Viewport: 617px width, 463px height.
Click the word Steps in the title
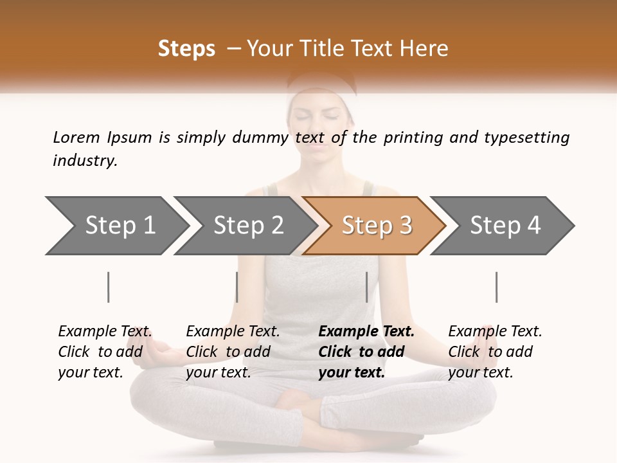click(x=186, y=49)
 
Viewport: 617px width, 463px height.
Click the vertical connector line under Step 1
click(x=109, y=287)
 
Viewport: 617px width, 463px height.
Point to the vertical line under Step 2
click(x=237, y=287)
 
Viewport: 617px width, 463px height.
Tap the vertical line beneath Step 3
click(x=367, y=287)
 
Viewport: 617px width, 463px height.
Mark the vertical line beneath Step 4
click(x=496, y=287)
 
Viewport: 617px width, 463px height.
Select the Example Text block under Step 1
click(x=105, y=352)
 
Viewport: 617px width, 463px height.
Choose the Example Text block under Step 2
click(x=233, y=352)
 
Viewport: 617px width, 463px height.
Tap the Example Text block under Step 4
click(x=495, y=352)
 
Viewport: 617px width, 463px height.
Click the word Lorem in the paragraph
click(x=76, y=138)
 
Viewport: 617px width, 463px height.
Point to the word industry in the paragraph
click(x=85, y=161)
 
